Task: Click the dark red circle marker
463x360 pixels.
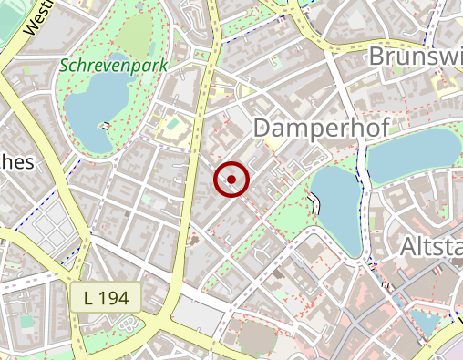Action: coord(231,180)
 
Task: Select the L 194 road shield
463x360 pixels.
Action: coord(105,296)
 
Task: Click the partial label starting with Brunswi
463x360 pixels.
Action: coord(415,57)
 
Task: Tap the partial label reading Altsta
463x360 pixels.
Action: coord(430,246)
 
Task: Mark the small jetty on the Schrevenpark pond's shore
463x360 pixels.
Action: coord(106,123)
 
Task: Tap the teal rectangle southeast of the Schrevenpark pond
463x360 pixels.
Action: coord(171,122)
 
